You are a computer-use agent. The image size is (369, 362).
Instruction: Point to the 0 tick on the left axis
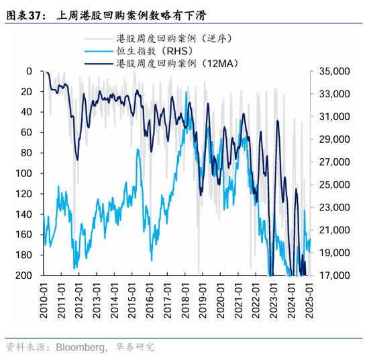coord(29,71)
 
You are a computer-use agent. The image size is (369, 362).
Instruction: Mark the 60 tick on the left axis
coord(26,133)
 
